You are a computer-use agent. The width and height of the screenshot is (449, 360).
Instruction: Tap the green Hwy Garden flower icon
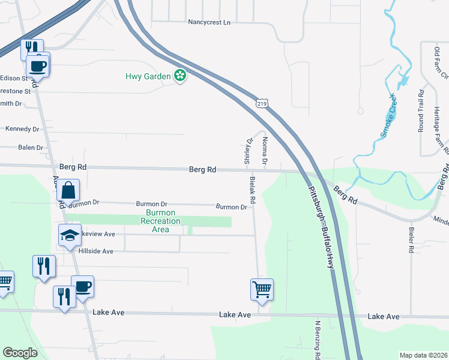coord(179,76)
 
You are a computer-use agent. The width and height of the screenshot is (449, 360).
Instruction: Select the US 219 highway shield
coord(262,103)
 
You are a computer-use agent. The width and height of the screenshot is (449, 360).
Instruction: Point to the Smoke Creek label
coord(388,115)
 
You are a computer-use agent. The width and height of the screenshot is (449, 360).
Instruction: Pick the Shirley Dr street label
coord(247,151)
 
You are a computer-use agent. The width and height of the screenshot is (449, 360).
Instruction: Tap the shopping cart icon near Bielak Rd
coord(262,289)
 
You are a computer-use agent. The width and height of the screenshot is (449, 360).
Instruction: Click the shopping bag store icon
coord(68,190)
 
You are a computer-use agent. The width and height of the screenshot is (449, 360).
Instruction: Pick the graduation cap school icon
coord(70,235)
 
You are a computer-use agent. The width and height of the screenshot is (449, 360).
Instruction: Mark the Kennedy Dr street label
coord(22,129)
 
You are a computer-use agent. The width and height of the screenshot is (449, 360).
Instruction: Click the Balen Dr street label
coord(31,148)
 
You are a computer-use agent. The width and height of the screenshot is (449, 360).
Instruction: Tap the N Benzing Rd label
coord(317,339)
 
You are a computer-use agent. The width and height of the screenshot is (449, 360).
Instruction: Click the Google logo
coord(20,353)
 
